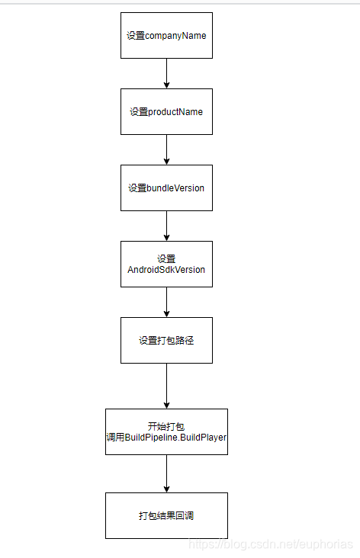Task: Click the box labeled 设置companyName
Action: tap(166, 35)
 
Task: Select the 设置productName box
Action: tap(166, 111)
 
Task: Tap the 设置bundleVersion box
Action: tap(166, 188)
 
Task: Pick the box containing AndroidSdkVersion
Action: tap(166, 264)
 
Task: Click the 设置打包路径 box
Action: tap(166, 340)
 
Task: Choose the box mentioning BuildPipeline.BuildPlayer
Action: tap(166, 431)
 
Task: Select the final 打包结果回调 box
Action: tap(166, 515)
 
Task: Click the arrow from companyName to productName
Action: tap(166, 73)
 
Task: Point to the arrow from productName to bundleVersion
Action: tap(166, 149)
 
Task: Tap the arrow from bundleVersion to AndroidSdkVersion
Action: tap(166, 226)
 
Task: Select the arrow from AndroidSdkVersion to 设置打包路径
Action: tap(166, 302)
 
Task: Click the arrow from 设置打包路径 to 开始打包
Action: tap(166, 386)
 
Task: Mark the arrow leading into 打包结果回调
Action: tap(166, 473)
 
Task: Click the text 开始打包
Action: tap(166, 426)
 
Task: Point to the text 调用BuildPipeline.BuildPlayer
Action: tap(166, 438)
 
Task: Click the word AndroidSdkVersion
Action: tap(166, 270)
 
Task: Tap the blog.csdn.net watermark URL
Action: tap(271, 544)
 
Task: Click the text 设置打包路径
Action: tap(166, 340)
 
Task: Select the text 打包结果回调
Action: tap(166, 515)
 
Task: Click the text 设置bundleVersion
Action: tap(166, 188)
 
